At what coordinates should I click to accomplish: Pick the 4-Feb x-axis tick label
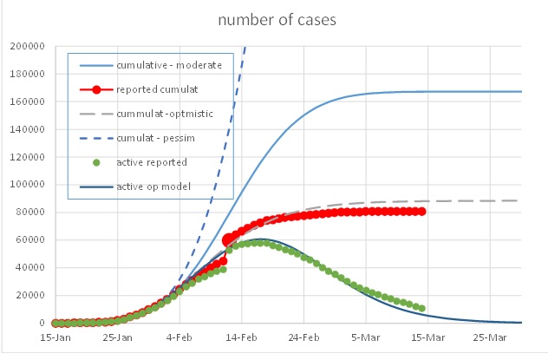click(179, 337)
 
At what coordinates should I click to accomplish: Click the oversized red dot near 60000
click(229, 240)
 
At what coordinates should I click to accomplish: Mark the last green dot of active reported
click(421, 308)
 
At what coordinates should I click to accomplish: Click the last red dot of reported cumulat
click(421, 212)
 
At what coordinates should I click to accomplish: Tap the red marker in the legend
click(97, 89)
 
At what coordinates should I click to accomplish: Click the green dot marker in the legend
click(97, 162)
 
